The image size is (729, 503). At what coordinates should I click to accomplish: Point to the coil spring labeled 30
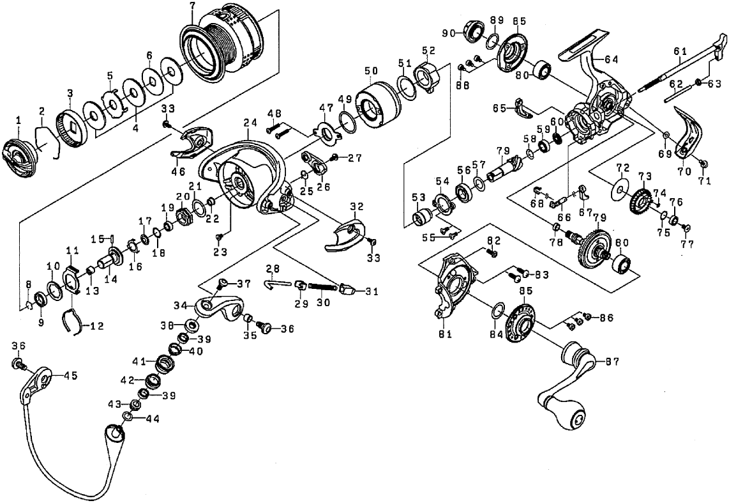point(322,289)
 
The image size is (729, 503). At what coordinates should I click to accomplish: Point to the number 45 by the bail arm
point(71,376)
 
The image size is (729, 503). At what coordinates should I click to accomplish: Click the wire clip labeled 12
point(73,321)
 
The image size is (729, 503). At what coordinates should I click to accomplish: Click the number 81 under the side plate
point(445,334)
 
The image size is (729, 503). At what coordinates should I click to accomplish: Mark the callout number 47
point(326,107)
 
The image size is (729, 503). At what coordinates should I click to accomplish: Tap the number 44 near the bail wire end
point(153,419)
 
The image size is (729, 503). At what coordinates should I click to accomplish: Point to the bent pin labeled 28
point(277,282)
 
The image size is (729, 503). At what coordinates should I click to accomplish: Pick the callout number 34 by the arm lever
point(181,306)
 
